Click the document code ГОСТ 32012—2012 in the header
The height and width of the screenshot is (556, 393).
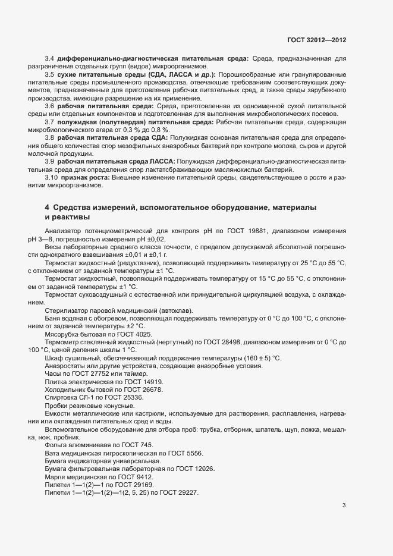[316, 40]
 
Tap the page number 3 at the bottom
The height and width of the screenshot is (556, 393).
[344, 506]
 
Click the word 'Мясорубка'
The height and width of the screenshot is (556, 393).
[62, 334]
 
